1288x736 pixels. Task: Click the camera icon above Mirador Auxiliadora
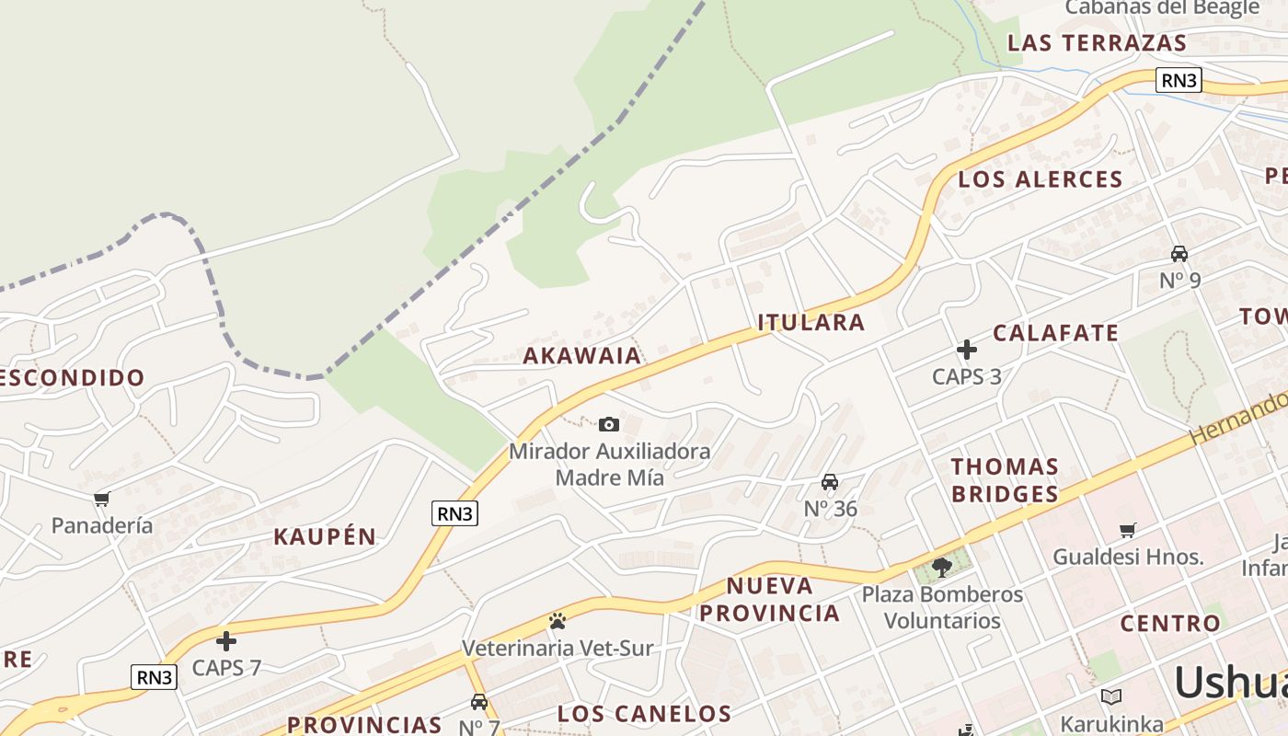pyautogui.click(x=608, y=424)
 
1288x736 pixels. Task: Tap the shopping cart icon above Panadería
pyautogui.click(x=101, y=499)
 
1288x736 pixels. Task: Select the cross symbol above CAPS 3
pyautogui.click(x=966, y=350)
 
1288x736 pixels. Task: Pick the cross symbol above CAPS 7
pyautogui.click(x=226, y=641)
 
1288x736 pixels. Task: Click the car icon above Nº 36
pyautogui.click(x=830, y=482)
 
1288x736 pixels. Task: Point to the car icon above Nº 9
pyautogui.click(x=1179, y=254)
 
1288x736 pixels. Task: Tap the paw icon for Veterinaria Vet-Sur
pyautogui.click(x=557, y=621)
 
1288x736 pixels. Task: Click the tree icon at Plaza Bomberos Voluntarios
pyautogui.click(x=941, y=566)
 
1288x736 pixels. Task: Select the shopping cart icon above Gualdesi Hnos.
pyautogui.click(x=1128, y=530)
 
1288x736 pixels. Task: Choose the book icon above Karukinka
pyautogui.click(x=1111, y=696)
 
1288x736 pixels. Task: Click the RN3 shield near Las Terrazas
pyautogui.click(x=1179, y=80)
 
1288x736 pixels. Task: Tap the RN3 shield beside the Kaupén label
pyautogui.click(x=454, y=513)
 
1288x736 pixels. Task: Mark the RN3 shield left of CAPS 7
pyautogui.click(x=154, y=677)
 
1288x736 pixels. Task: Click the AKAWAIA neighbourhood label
pyautogui.click(x=581, y=356)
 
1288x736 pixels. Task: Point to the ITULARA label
pyautogui.click(x=811, y=322)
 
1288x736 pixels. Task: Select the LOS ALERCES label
pyautogui.click(x=1041, y=179)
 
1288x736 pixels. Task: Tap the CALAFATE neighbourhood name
pyautogui.click(x=1055, y=333)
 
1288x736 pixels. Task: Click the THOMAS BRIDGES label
pyautogui.click(x=1005, y=480)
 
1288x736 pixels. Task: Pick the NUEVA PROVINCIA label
pyautogui.click(x=783, y=599)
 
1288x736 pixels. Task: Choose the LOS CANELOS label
pyautogui.click(x=644, y=713)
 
